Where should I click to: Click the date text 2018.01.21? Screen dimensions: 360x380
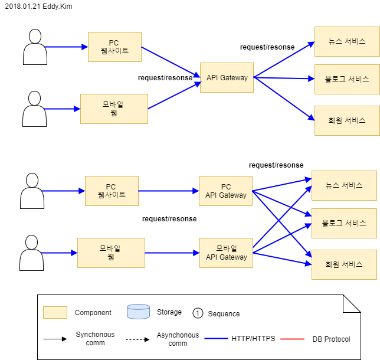[x=22, y=5]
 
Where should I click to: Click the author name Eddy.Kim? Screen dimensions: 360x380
[x=58, y=5]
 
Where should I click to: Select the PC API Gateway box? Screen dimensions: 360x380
[x=226, y=191]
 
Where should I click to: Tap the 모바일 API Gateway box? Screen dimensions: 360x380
[x=226, y=253]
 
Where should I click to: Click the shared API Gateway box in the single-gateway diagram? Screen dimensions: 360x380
[x=227, y=77]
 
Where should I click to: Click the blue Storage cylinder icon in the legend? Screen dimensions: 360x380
[x=138, y=312]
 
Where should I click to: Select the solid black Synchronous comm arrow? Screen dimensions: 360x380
[x=55, y=339]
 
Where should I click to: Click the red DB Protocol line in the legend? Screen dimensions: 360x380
[x=291, y=339]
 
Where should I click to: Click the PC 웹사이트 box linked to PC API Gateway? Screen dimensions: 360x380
[x=112, y=191]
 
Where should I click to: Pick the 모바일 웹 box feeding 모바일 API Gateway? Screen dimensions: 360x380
[x=111, y=253]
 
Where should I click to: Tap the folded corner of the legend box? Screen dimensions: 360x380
[x=352, y=303]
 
